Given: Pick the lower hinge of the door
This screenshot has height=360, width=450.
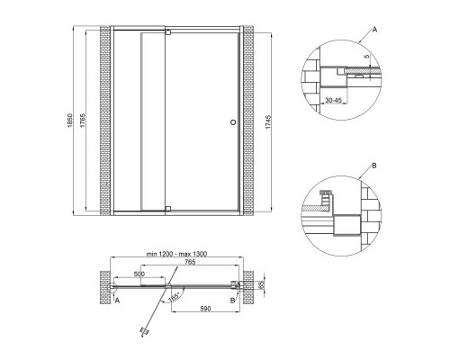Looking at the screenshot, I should pos(168,209).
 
